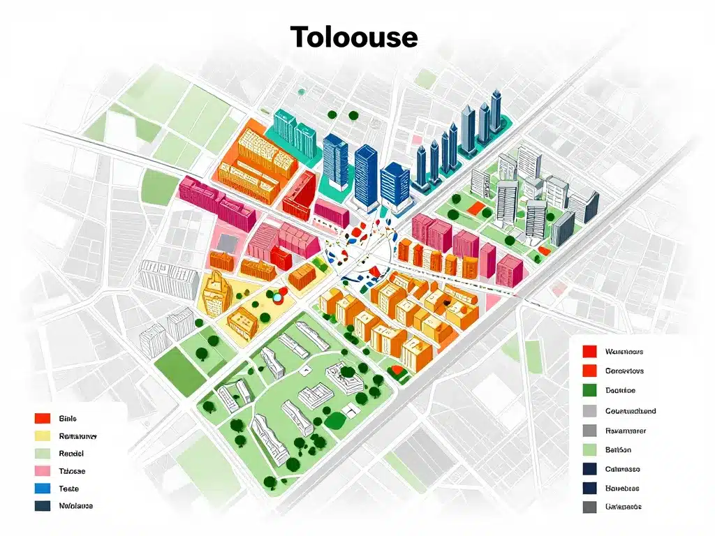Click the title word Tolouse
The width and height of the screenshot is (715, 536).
point(354,36)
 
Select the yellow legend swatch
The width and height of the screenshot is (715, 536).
point(43,436)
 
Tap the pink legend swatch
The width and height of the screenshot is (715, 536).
point(43,471)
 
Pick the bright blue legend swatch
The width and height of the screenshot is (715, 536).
point(43,489)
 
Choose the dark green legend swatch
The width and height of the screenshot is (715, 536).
point(589,391)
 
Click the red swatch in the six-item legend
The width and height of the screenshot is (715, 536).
point(43,419)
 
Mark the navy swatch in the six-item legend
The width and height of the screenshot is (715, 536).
point(43,506)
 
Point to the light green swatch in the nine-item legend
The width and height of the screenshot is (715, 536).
point(589,449)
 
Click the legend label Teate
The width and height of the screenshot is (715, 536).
point(69,489)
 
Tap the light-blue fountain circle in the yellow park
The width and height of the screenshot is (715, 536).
point(277,297)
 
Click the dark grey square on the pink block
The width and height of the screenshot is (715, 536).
point(228,241)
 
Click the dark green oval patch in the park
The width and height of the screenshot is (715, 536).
point(337,421)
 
